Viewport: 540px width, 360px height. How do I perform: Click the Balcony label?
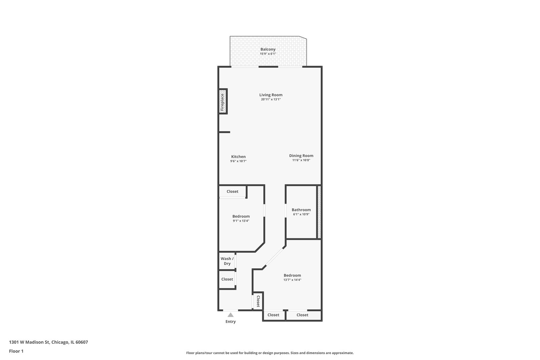(x=268, y=49)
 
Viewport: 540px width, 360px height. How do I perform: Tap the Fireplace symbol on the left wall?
(x=223, y=102)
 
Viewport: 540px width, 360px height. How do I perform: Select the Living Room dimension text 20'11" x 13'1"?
(x=271, y=99)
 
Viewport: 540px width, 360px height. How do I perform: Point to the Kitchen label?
(x=238, y=157)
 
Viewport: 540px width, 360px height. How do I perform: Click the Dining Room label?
(x=301, y=156)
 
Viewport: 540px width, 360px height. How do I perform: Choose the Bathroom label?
(x=301, y=210)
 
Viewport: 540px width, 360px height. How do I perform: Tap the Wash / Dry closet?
(x=227, y=261)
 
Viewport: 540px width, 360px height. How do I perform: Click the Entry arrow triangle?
(x=230, y=315)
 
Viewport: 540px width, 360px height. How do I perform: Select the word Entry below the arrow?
(x=230, y=322)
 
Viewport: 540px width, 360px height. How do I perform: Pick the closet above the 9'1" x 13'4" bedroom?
(x=232, y=191)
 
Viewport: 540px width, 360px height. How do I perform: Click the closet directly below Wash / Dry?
(x=227, y=279)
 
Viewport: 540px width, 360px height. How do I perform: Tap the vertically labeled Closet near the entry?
(x=258, y=301)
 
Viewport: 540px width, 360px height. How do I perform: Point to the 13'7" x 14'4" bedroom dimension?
(x=292, y=280)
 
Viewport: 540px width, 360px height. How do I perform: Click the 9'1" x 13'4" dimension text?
(x=241, y=221)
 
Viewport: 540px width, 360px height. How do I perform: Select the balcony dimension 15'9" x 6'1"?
(x=268, y=54)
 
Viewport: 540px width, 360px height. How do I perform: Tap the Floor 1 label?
(x=16, y=351)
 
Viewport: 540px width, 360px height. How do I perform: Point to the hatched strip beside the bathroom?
(x=319, y=212)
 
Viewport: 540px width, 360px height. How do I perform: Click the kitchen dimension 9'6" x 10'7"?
(x=238, y=161)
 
